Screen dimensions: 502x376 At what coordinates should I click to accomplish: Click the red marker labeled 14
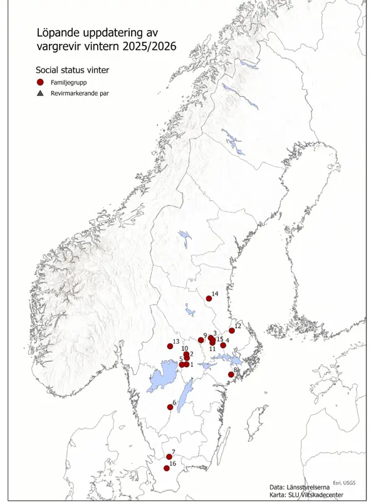(x=209, y=299)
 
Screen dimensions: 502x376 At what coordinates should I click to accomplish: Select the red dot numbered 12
(x=232, y=331)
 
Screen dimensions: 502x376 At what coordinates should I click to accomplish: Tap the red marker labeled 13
(x=170, y=346)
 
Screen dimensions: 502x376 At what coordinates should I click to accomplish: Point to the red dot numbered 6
(x=170, y=407)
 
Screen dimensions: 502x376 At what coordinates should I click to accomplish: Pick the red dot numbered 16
(x=167, y=468)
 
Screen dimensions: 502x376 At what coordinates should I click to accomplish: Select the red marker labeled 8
(x=231, y=375)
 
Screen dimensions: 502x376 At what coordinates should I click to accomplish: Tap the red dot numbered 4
(x=223, y=345)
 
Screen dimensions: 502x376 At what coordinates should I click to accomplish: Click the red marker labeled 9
(x=201, y=340)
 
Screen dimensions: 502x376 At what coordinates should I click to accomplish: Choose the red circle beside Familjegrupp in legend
(x=39, y=82)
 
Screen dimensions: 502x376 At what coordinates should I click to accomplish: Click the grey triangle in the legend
(x=39, y=93)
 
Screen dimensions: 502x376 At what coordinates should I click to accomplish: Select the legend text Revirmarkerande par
(x=80, y=93)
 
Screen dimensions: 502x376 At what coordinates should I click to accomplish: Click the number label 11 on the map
(x=212, y=349)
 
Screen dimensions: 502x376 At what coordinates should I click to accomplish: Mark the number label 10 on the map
(x=185, y=349)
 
